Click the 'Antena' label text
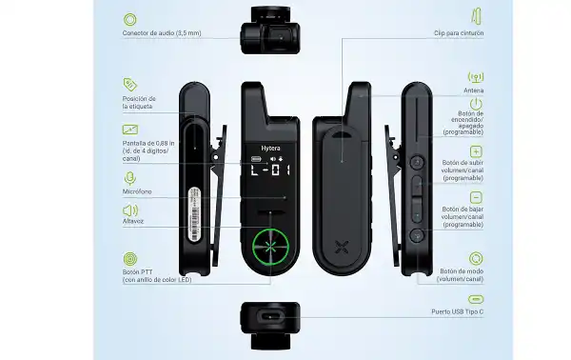473,90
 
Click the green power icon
475,104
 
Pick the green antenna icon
475,77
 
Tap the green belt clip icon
475,19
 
